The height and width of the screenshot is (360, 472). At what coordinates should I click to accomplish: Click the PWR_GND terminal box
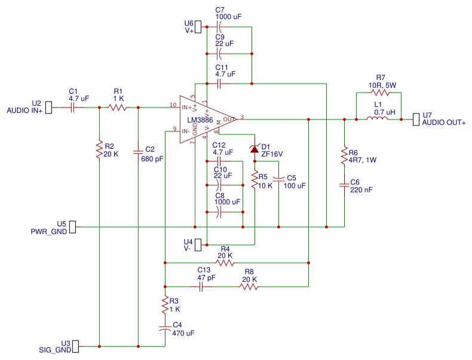pos(73,227)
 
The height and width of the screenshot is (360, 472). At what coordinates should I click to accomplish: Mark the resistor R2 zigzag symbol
pos(99,150)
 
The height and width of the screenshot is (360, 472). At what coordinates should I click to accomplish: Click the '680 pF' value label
pos(152,159)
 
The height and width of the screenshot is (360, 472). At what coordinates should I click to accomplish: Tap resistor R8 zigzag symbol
pos(249,287)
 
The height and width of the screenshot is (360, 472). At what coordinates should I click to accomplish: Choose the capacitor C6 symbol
pos(344,185)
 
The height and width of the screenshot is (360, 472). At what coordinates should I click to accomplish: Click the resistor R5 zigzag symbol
pos(255,180)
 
